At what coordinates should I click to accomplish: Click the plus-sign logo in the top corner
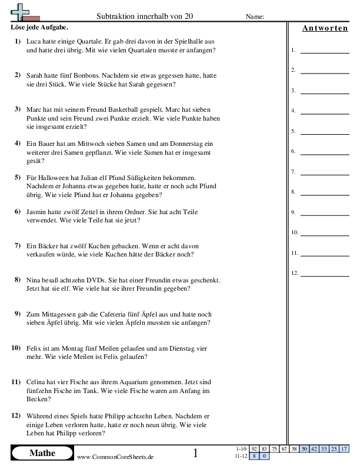coord(21,11)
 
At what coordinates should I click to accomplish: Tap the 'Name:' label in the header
coord(254,16)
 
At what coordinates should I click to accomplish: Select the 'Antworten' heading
coord(325,28)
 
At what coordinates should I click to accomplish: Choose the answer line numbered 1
coord(324,51)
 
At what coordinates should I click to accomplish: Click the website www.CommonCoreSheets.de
coord(115,457)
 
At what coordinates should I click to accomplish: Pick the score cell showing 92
coord(254,449)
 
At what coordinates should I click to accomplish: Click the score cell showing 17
coord(345,449)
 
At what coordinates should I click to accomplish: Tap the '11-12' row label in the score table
coord(241,455)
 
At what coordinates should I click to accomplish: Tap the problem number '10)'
coord(16,348)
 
